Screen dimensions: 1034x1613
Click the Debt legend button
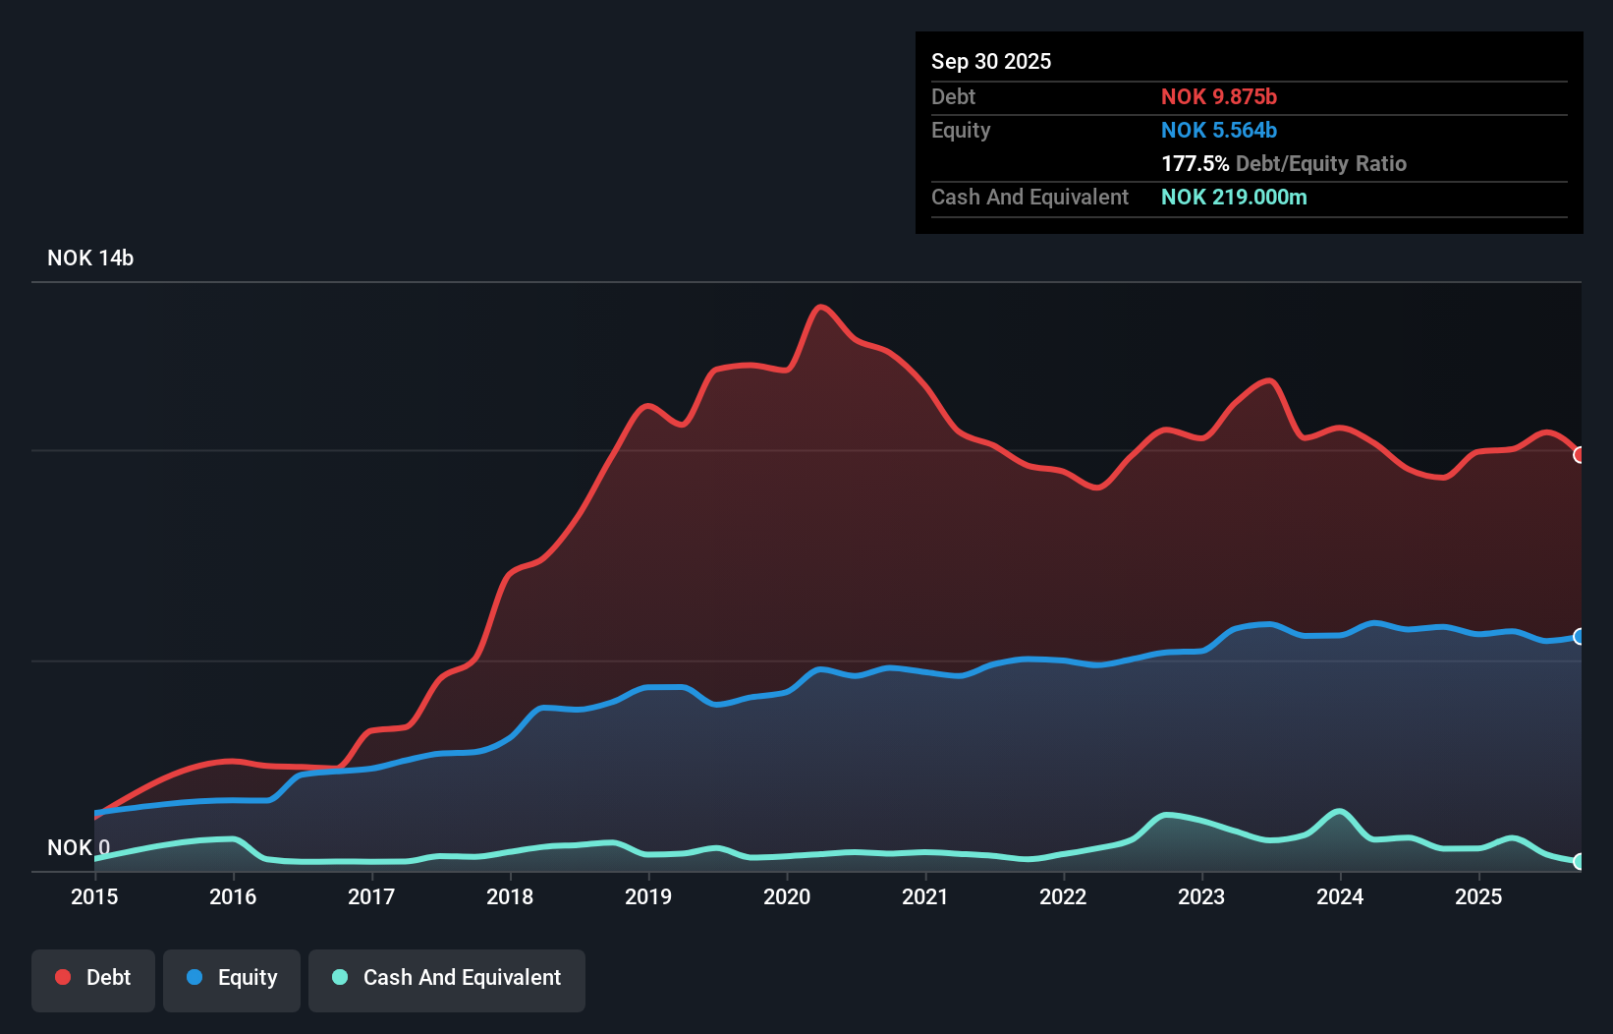click(x=93, y=978)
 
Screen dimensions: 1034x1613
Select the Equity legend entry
click(x=232, y=978)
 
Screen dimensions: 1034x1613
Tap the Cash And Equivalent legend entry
click(x=447, y=978)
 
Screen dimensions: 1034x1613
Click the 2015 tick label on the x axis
click(x=94, y=896)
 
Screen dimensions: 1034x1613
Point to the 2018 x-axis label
click(x=510, y=896)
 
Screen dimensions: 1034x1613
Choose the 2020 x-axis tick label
click(x=787, y=896)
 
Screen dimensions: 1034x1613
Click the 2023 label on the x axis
click(x=1201, y=896)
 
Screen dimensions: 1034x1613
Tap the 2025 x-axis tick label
click(x=1478, y=896)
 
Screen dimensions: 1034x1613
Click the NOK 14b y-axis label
click(x=90, y=258)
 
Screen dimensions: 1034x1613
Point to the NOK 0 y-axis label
click(x=79, y=847)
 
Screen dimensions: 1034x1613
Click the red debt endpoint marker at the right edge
click(x=1579, y=455)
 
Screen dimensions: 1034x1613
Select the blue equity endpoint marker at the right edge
click(x=1579, y=637)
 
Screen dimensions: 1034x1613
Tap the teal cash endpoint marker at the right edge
click(x=1579, y=861)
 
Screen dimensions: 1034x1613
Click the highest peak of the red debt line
click(x=820, y=307)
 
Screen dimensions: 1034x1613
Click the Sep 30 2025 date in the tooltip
click(x=990, y=61)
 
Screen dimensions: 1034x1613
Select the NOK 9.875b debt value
click(x=1218, y=96)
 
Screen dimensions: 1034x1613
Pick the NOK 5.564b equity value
click(x=1218, y=130)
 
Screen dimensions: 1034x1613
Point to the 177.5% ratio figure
click(x=1195, y=163)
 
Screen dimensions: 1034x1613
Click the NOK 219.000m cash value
click(x=1234, y=197)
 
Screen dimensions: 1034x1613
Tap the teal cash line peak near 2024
click(x=1339, y=812)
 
